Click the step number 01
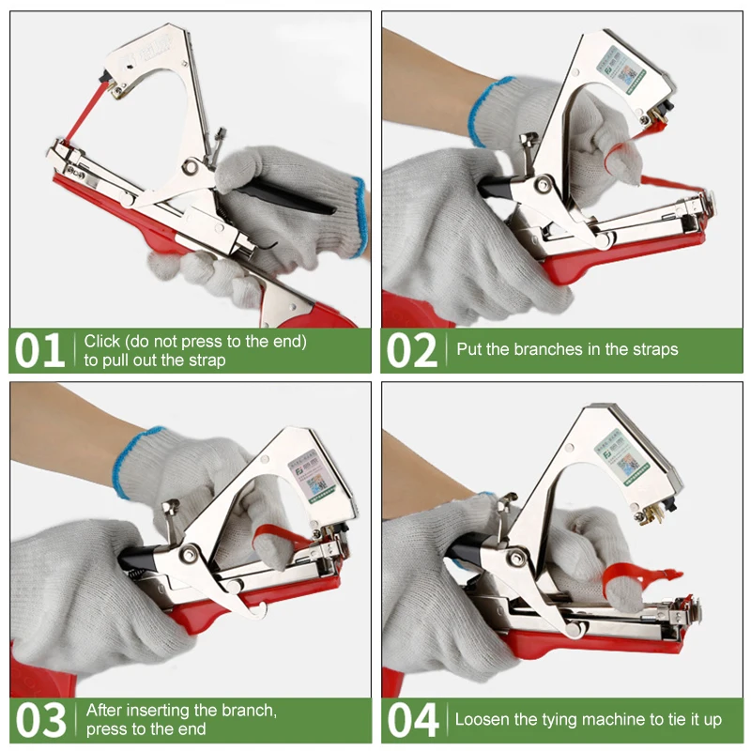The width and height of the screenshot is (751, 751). click(39, 350)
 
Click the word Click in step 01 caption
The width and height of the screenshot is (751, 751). click(102, 342)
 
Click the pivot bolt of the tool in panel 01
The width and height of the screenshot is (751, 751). click(192, 168)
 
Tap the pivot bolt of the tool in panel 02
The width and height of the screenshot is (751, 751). click(542, 185)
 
